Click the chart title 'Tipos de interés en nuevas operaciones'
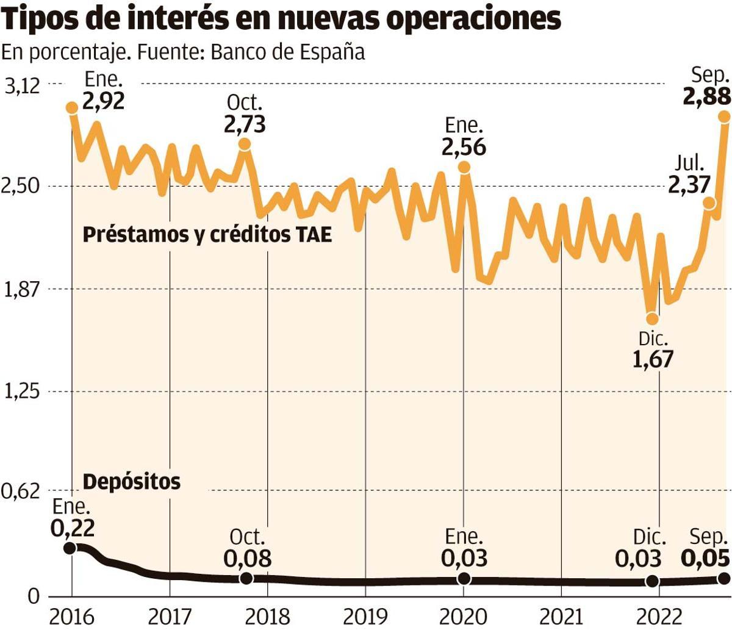tap(281, 19)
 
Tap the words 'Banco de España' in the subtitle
tap(287, 52)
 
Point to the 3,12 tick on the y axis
tap(22, 85)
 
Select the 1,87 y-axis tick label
tap(22, 290)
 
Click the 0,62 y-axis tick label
tap(22, 492)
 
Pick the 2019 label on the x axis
tap(365, 617)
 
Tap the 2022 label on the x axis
tap(659, 617)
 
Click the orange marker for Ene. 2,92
tap(72, 108)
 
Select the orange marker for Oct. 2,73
tap(244, 144)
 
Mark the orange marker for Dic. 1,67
tap(652, 318)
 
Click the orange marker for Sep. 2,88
tap(725, 116)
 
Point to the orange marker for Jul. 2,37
tap(708, 203)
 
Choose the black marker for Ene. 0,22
tap(70, 548)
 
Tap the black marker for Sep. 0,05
tap(724, 578)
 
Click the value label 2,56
tap(464, 147)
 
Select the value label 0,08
tap(247, 558)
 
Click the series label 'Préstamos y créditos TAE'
tap(207, 235)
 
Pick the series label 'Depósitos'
tap(132, 482)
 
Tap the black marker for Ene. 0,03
tap(464, 578)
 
